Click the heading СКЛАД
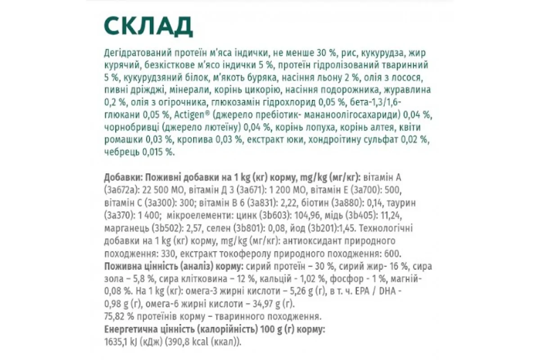[148, 27]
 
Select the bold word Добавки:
[121, 175]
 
